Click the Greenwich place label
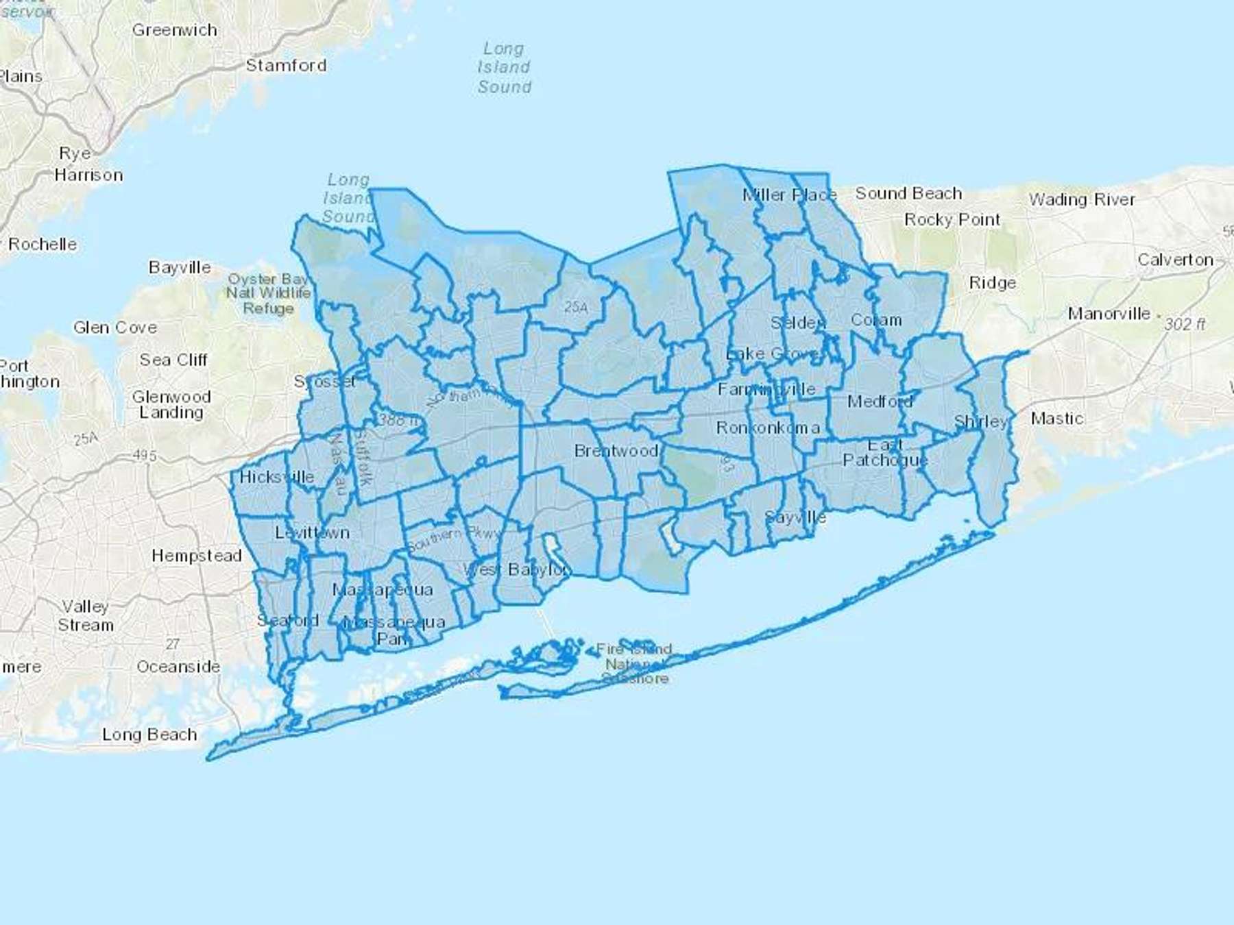(175, 30)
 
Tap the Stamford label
(286, 65)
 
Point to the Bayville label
(180, 267)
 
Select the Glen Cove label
(115, 328)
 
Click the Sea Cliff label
(173, 360)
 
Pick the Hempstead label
(197, 555)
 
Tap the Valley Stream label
(86, 615)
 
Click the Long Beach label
(149, 735)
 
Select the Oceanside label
(178, 667)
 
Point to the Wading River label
(1082, 199)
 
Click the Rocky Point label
(952, 220)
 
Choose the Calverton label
(1175, 260)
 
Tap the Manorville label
(1109, 314)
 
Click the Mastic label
(1057, 418)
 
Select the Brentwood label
(616, 451)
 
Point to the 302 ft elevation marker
(1184, 323)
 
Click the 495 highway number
(145, 456)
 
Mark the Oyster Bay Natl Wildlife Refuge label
(269, 293)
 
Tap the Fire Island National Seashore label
(634, 663)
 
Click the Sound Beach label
(908, 193)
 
